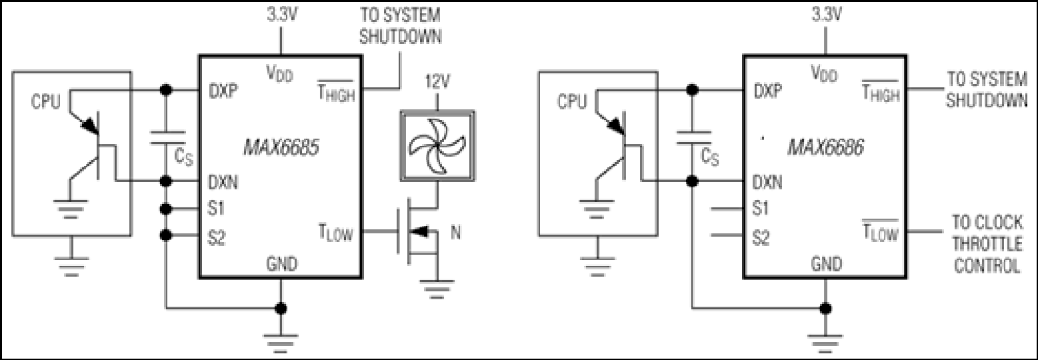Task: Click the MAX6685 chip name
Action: [281, 148]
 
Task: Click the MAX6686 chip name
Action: [826, 148]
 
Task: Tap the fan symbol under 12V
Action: [437, 145]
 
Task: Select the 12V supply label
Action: [437, 82]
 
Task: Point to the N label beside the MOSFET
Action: [456, 232]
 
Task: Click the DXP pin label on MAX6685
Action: [223, 91]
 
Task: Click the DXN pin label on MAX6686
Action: [767, 182]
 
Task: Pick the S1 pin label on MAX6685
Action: [216, 209]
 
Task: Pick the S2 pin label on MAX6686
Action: [761, 238]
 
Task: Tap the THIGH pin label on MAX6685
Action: [336, 91]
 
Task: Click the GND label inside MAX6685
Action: [282, 263]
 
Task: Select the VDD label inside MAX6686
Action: [825, 73]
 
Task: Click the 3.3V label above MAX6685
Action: [282, 15]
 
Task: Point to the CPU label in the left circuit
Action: [45, 101]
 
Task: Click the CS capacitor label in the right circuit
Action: [709, 157]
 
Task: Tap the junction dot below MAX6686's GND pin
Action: [825, 308]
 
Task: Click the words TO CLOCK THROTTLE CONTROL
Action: [987, 244]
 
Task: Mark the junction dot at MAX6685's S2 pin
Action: [166, 235]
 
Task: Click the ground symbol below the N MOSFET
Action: [437, 289]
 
